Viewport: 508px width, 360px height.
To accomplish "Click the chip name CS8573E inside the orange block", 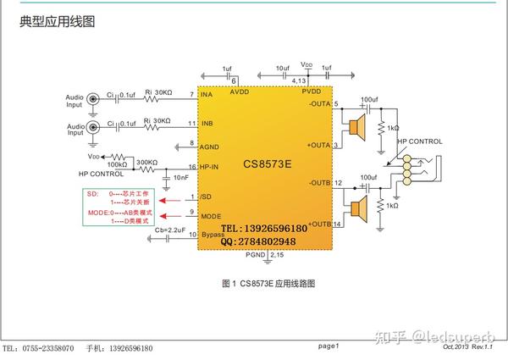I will click(x=267, y=162).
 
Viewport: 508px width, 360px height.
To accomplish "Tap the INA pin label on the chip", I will click(x=207, y=94).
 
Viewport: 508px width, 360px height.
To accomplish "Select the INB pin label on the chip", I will click(x=207, y=125).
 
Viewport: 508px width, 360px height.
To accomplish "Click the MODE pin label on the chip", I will click(x=212, y=215).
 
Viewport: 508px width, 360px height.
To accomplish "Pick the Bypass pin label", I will click(x=213, y=234).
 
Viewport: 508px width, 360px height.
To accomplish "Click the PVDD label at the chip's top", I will click(x=311, y=91).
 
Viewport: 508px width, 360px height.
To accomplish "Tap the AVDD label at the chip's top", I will click(x=240, y=91).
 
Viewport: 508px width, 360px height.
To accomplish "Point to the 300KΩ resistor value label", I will click(x=146, y=161).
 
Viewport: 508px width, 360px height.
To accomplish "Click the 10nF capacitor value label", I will click(x=180, y=178).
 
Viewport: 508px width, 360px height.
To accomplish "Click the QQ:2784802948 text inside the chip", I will click(x=258, y=241).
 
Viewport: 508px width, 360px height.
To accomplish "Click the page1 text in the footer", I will click(x=329, y=346).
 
